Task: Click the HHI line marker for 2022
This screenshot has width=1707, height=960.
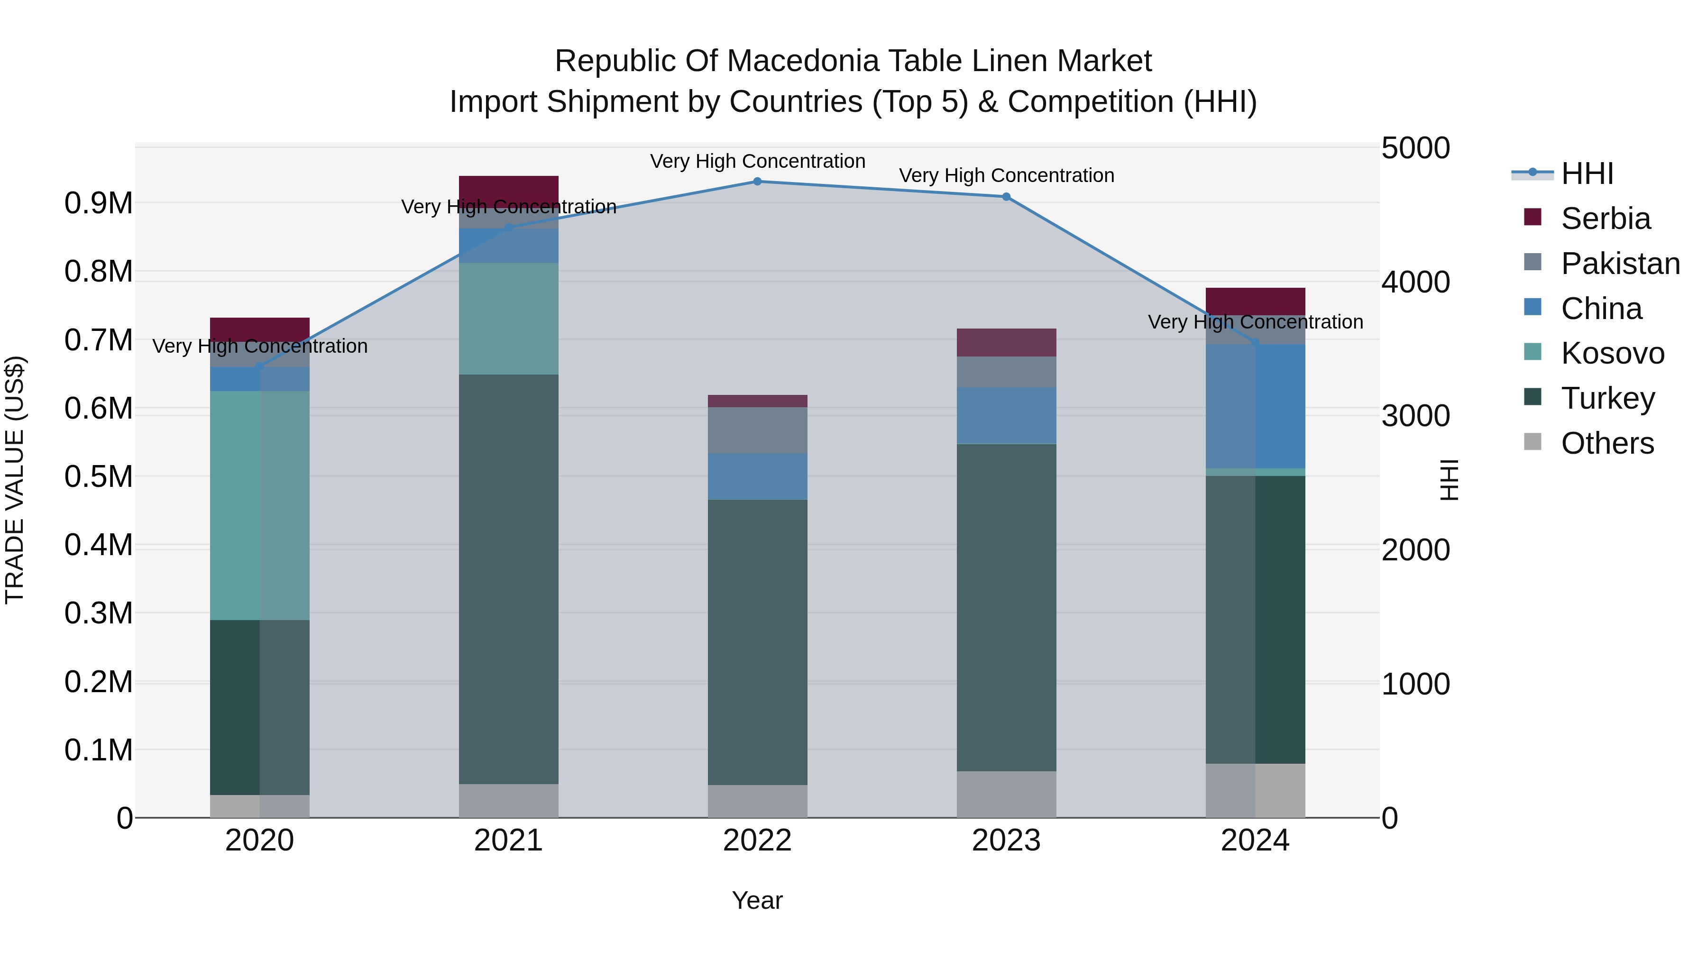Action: [x=757, y=182]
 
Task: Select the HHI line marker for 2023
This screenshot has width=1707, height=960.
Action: [x=1006, y=197]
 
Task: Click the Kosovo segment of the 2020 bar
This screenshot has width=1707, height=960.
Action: [x=260, y=505]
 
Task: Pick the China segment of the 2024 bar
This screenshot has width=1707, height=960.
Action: [x=1255, y=406]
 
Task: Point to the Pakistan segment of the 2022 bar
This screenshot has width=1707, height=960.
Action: [x=757, y=430]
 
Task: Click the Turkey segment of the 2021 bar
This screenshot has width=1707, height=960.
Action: [x=508, y=579]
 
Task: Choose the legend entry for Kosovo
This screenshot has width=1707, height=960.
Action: [x=1612, y=353]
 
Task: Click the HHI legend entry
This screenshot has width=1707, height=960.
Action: [x=1587, y=174]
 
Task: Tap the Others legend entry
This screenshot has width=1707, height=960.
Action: [x=1606, y=443]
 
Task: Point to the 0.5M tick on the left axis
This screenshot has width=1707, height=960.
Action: [x=99, y=476]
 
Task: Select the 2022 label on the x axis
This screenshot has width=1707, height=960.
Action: [x=757, y=841]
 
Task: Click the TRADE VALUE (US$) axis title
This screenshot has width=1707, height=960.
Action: [x=15, y=480]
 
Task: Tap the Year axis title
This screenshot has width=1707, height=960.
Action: [x=757, y=900]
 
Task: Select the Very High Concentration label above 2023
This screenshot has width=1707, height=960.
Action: [x=1006, y=175]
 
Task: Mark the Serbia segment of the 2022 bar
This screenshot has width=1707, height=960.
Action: [x=757, y=401]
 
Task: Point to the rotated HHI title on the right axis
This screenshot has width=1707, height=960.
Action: [x=1449, y=480]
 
